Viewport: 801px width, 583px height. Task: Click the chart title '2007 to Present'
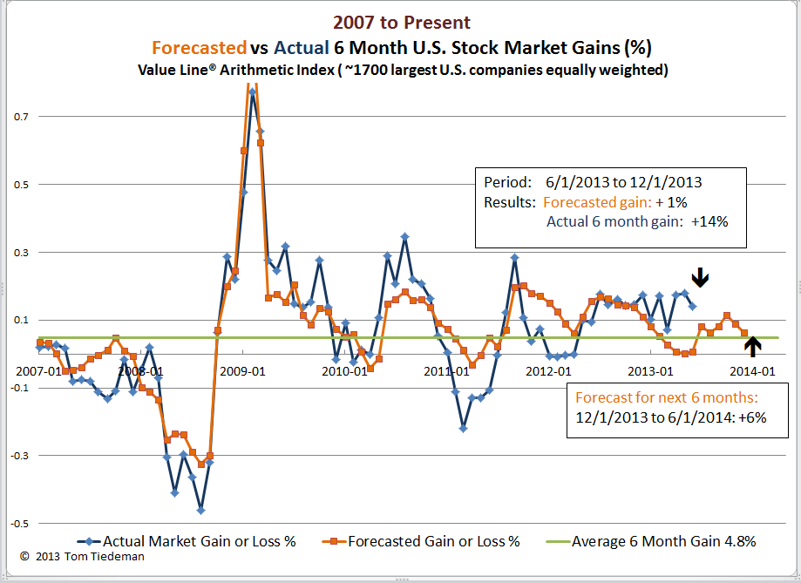[x=400, y=23]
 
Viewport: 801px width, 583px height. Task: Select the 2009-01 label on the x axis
[x=242, y=370]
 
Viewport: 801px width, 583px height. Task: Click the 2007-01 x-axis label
[x=37, y=370]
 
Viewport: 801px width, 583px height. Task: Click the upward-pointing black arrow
[x=753, y=346]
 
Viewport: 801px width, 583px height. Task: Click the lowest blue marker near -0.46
[x=200, y=510]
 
